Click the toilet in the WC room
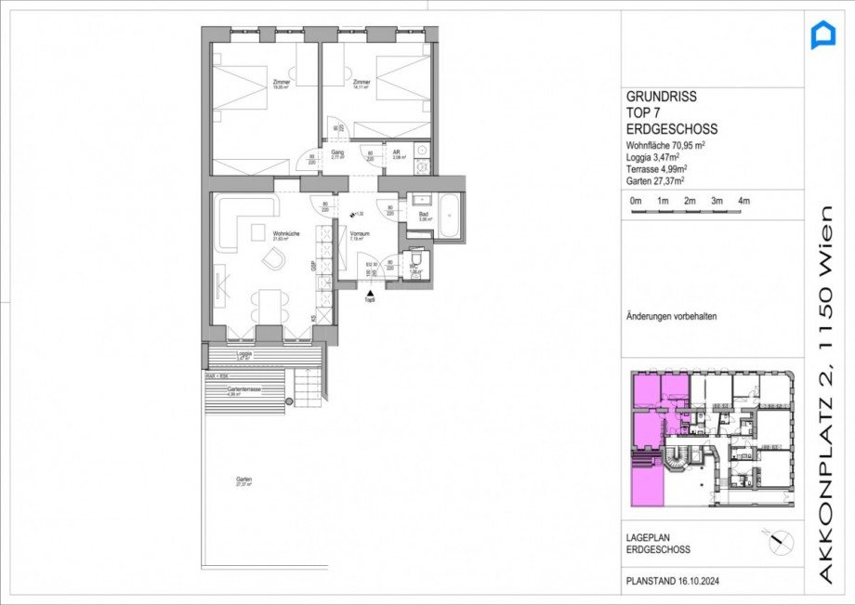415,261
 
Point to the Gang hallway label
337,154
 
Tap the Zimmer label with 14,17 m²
362,85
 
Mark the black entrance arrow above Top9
370,292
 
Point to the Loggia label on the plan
244,354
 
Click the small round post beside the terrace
289,401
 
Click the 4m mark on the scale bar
743,202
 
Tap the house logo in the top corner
823,36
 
